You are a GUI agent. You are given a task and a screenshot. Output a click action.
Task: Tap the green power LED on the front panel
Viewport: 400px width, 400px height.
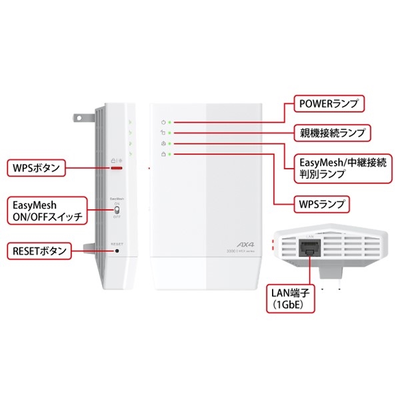[170, 122]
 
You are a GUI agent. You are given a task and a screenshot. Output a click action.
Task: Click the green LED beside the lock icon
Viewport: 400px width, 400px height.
[170, 154]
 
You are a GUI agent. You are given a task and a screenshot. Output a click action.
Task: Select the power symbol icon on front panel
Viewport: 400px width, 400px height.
[163, 122]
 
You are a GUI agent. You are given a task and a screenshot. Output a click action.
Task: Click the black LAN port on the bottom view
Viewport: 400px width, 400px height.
[310, 249]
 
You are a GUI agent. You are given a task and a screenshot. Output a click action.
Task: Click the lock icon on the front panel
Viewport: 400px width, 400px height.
[163, 154]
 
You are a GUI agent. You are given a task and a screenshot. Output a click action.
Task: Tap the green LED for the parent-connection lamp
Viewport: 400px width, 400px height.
[170, 133]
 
